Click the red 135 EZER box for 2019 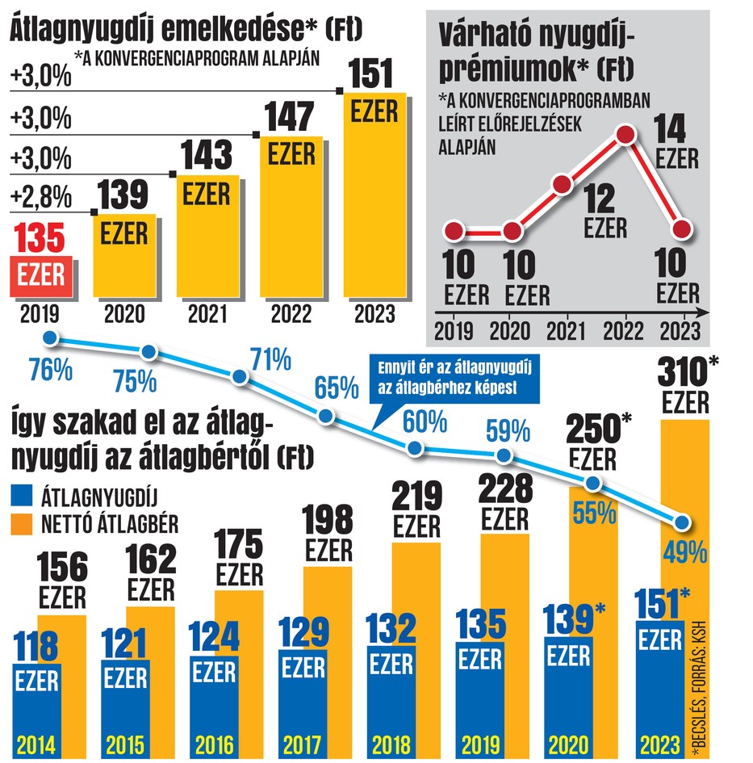click(41, 276)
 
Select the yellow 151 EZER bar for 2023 click(374, 195)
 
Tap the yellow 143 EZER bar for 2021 click(207, 236)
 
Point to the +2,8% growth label click(41, 198)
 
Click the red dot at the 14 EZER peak click(625, 134)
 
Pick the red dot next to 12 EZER click(562, 184)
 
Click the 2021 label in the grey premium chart click(566, 331)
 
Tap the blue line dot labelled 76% click(51, 337)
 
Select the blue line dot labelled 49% click(683, 522)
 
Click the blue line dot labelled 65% click(325, 416)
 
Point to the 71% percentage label click(271, 360)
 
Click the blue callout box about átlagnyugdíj click(455, 379)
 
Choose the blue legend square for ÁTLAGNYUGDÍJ click(22, 496)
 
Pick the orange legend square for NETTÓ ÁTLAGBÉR click(22, 525)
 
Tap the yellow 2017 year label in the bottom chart click(302, 745)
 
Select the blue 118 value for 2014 click(36, 646)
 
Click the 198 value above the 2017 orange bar click(328, 520)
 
